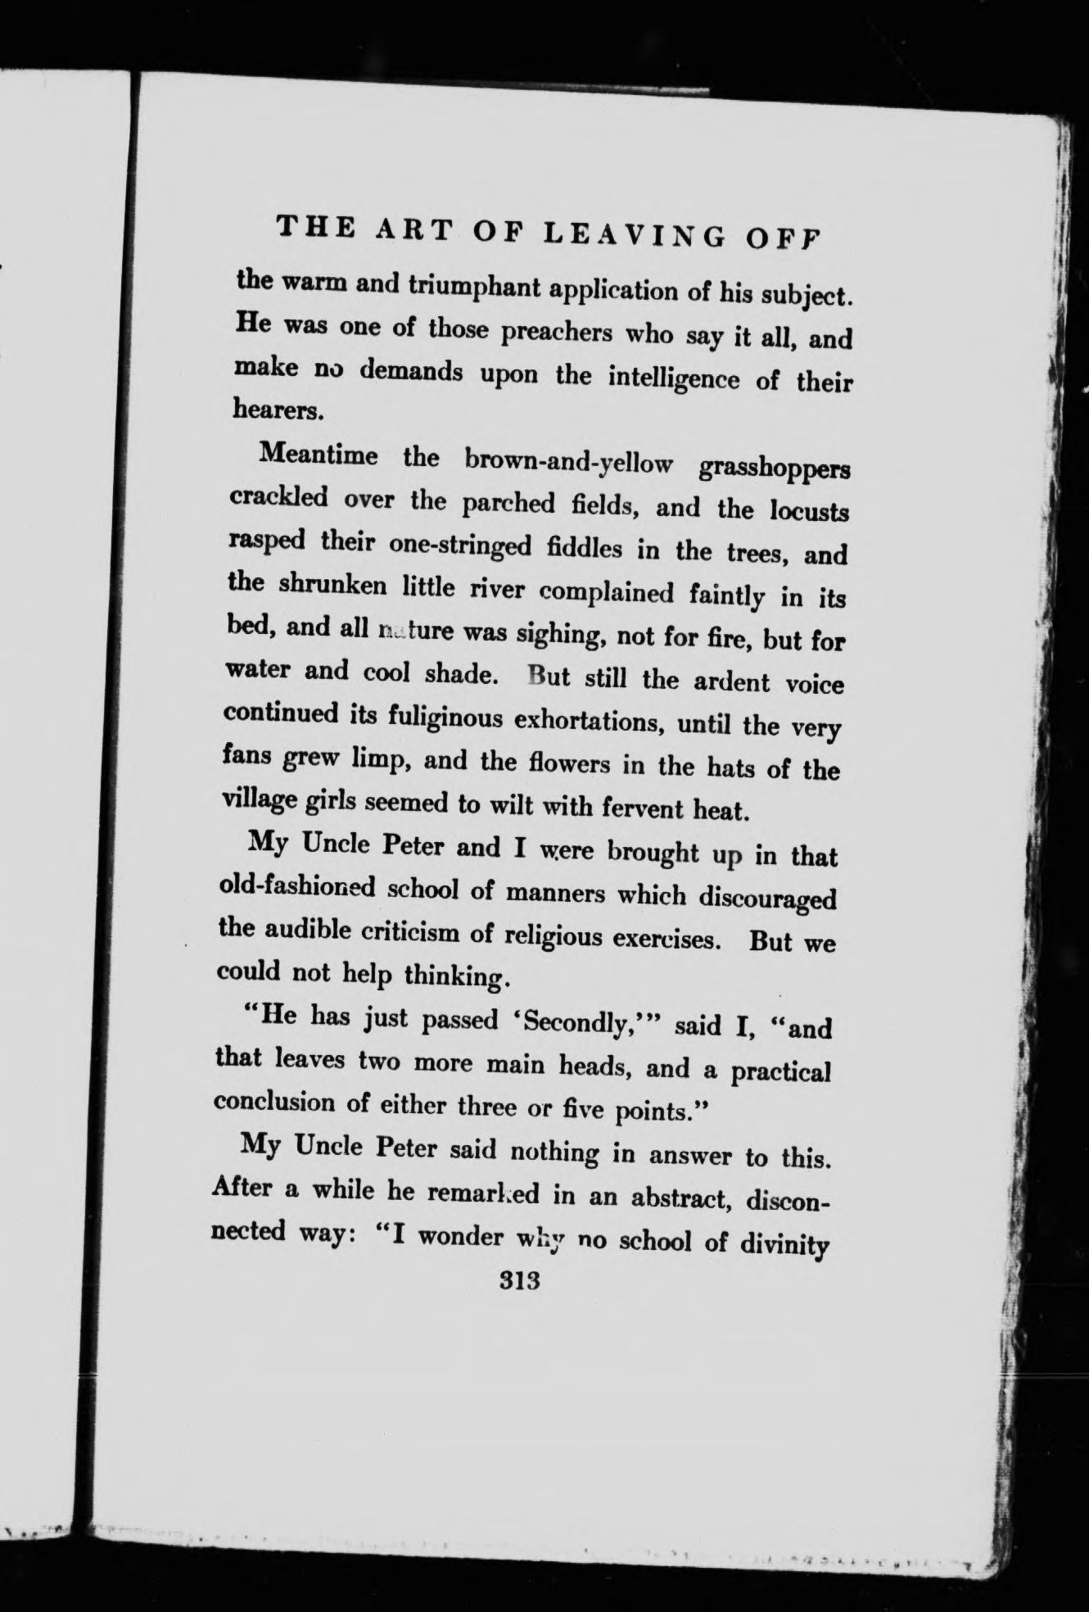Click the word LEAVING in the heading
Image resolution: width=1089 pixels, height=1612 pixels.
click(x=634, y=235)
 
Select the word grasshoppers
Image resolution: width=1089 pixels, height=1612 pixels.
click(x=775, y=469)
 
